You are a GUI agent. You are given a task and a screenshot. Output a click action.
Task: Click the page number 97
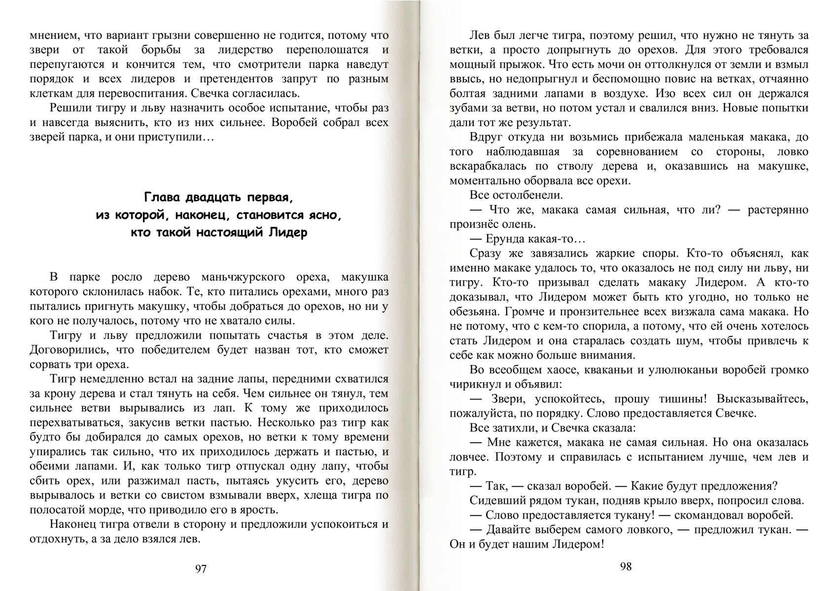201,569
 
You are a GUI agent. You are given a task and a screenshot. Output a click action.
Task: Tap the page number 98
625,566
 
